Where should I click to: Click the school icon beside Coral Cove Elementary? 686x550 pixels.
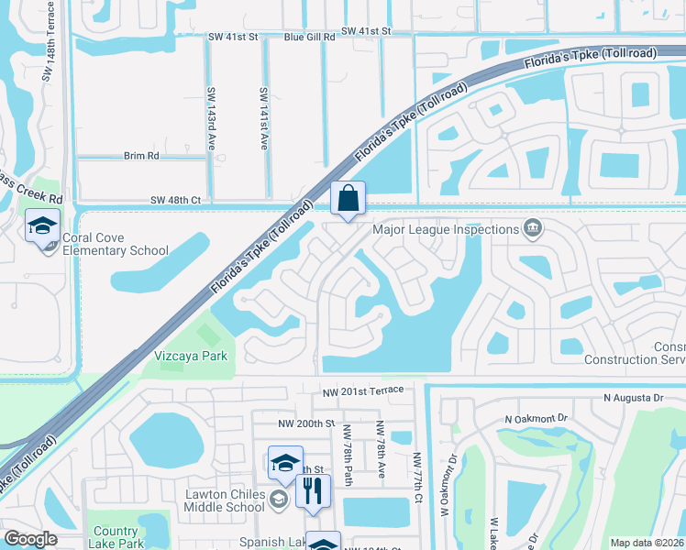[x=42, y=226]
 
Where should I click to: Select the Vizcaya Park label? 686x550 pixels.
[x=187, y=354]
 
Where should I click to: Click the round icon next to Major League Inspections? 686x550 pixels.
[x=532, y=227]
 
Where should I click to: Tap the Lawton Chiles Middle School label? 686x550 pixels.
[x=225, y=500]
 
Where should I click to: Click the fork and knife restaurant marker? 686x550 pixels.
[x=313, y=491]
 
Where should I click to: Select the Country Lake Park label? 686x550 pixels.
[x=116, y=537]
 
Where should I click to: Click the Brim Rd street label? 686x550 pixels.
[x=141, y=156]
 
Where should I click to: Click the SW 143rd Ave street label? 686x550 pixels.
[x=211, y=119]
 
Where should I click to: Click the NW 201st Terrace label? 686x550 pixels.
[x=361, y=391]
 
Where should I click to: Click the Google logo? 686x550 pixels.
[x=30, y=539]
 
